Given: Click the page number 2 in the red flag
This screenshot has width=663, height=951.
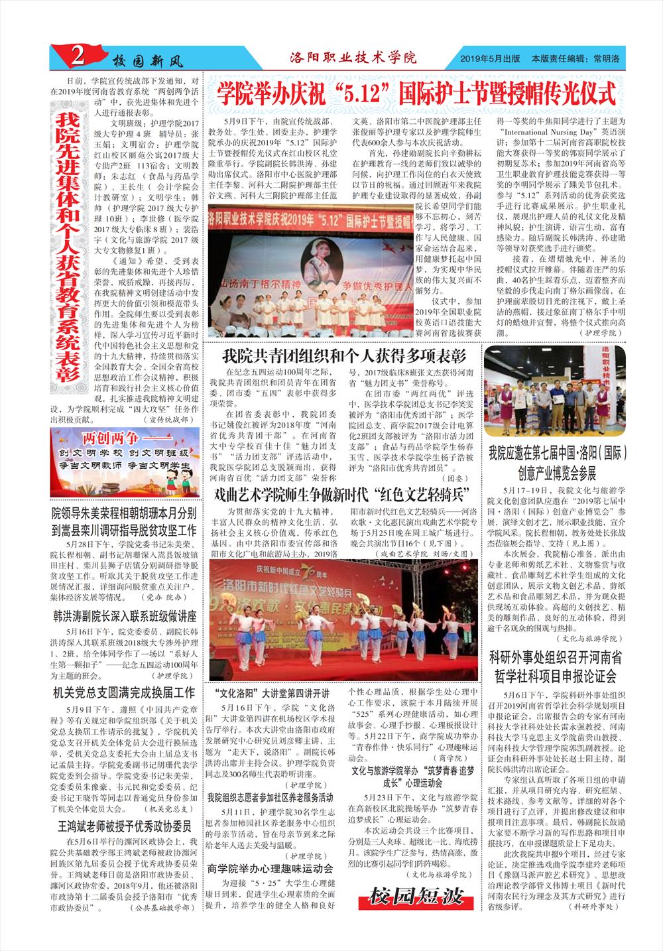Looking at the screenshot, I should (77, 59).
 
